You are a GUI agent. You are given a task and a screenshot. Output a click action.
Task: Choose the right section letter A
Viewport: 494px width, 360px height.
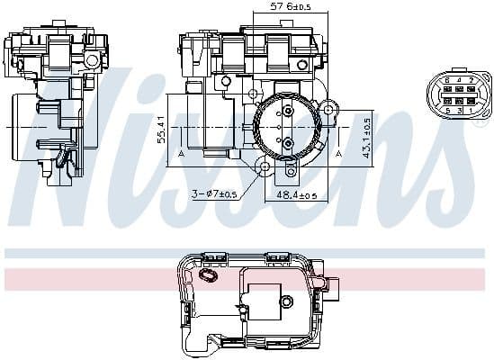[338, 154]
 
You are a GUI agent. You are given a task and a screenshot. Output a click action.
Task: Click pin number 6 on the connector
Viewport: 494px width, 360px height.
[446, 80]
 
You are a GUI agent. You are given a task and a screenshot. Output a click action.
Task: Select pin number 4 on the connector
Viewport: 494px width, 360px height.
[458, 80]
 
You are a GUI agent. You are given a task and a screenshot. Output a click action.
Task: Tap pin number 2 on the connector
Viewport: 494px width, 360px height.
[470, 80]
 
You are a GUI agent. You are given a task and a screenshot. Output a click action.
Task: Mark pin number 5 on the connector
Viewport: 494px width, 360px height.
[446, 110]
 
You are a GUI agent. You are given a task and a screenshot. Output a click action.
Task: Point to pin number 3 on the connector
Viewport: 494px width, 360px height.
[458, 110]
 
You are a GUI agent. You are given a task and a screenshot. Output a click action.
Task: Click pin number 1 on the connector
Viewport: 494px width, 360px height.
[470, 110]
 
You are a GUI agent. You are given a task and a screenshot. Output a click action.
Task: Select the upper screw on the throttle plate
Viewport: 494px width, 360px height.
[287, 112]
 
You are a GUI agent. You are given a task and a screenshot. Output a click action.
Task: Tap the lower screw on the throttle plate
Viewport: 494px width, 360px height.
[287, 143]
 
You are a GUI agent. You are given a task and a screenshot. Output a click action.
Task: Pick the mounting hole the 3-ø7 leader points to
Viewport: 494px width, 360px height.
[264, 168]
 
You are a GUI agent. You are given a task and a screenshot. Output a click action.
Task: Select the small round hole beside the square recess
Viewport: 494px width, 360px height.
[287, 301]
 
